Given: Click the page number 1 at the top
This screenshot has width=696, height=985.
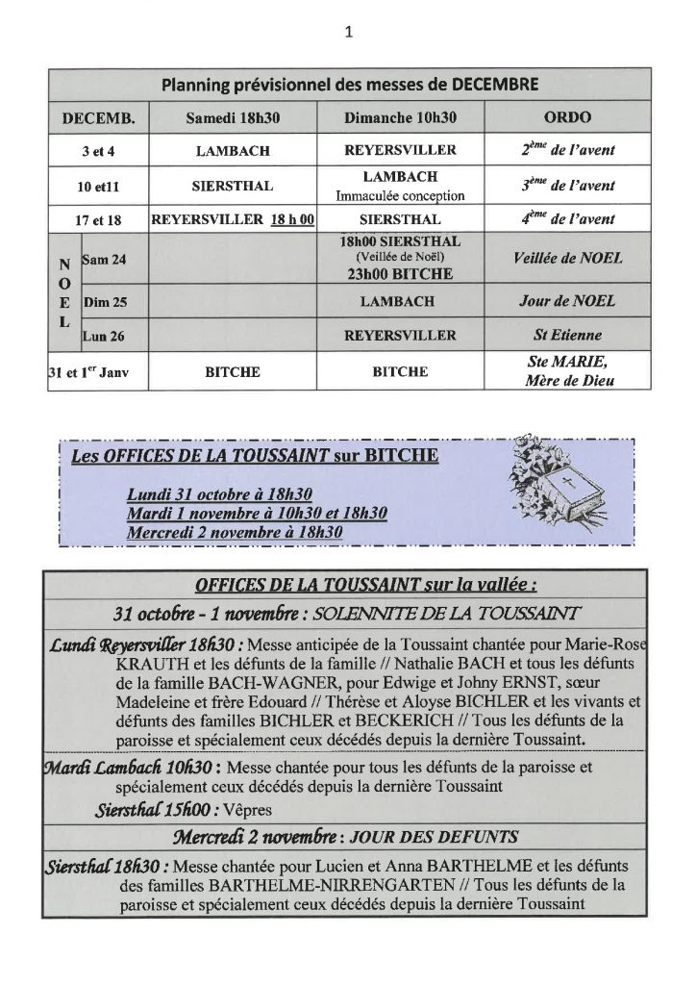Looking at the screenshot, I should coord(348,31).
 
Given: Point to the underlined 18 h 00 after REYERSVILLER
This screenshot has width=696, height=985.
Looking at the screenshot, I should coord(294,218).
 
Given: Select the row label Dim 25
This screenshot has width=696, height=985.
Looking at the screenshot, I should coord(104,301).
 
